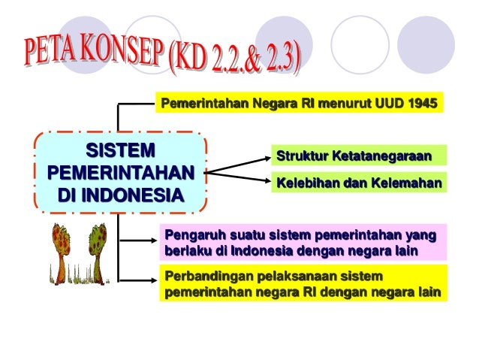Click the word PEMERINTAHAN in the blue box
pos(119,172)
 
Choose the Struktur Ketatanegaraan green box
pos(355,156)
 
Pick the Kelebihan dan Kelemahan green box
pos(358,183)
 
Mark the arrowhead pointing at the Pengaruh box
pos(152,241)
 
